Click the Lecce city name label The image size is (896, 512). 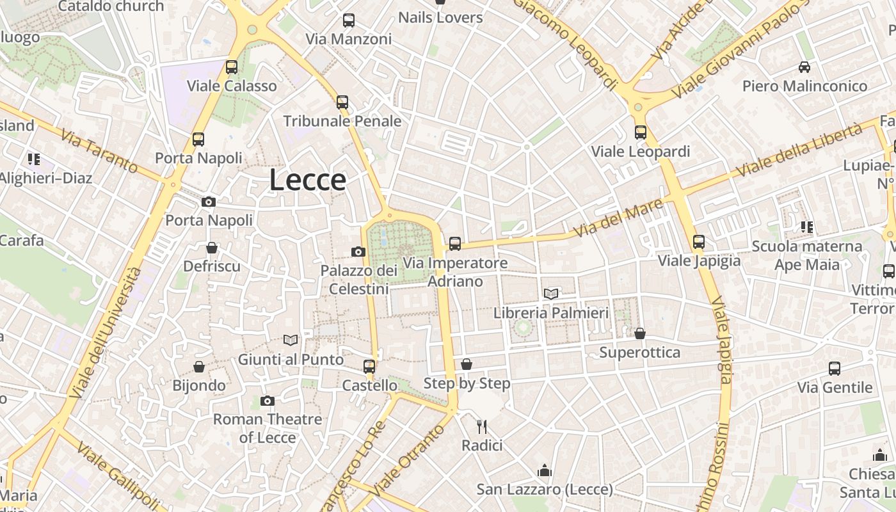point(308,180)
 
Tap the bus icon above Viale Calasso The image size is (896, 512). point(232,67)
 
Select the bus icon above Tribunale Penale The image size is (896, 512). point(342,102)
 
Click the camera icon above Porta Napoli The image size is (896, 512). point(208,202)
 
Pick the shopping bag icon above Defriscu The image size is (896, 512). point(212,248)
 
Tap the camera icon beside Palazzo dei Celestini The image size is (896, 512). point(358,252)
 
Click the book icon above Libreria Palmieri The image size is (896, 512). point(551,294)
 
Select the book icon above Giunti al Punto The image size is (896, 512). point(291,340)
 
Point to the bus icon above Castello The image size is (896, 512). point(369,367)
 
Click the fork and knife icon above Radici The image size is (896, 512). point(482,426)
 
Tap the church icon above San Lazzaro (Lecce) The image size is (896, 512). point(545,471)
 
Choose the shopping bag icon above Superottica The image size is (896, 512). point(639,333)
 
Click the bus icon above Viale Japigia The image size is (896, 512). point(699,242)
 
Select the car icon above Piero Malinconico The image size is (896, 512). point(804,67)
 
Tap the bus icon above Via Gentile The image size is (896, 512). point(835,369)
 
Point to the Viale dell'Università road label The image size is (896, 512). point(107,333)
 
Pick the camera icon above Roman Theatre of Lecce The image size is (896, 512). point(268,401)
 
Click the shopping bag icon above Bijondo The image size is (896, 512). point(199,367)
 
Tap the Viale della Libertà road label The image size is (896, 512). point(799,151)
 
